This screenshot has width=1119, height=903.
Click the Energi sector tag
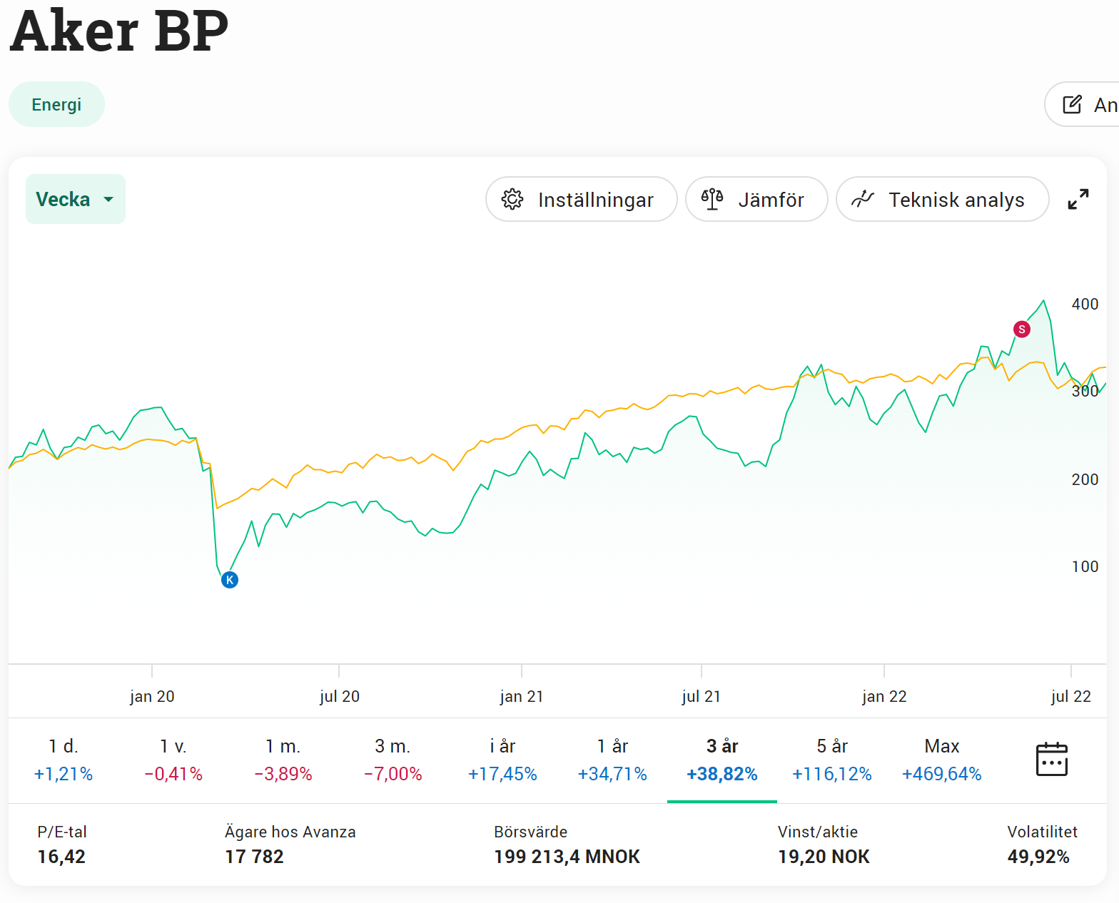[56, 105]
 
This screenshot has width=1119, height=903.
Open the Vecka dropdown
[75, 199]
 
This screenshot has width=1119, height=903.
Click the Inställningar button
[581, 200]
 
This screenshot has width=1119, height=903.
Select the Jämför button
[756, 200]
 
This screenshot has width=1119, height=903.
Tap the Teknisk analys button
[942, 200]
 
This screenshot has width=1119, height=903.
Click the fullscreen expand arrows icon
[1078, 199]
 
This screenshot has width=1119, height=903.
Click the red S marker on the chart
[1021, 329]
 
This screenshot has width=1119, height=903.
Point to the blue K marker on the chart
[230, 580]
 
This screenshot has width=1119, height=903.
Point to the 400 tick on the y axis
[1085, 304]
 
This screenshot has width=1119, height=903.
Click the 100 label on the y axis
[1085, 566]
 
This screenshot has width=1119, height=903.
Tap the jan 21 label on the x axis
[522, 696]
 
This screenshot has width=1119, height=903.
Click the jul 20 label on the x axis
[339, 696]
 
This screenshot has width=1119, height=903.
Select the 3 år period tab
[721, 759]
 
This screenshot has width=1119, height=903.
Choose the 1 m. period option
[283, 759]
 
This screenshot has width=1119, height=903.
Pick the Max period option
[941, 759]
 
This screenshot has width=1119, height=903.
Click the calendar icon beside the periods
[1051, 759]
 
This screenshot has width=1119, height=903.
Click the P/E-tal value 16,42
[61, 857]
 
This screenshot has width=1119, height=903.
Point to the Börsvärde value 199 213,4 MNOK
[567, 857]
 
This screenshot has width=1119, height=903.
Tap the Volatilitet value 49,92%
[1038, 857]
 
